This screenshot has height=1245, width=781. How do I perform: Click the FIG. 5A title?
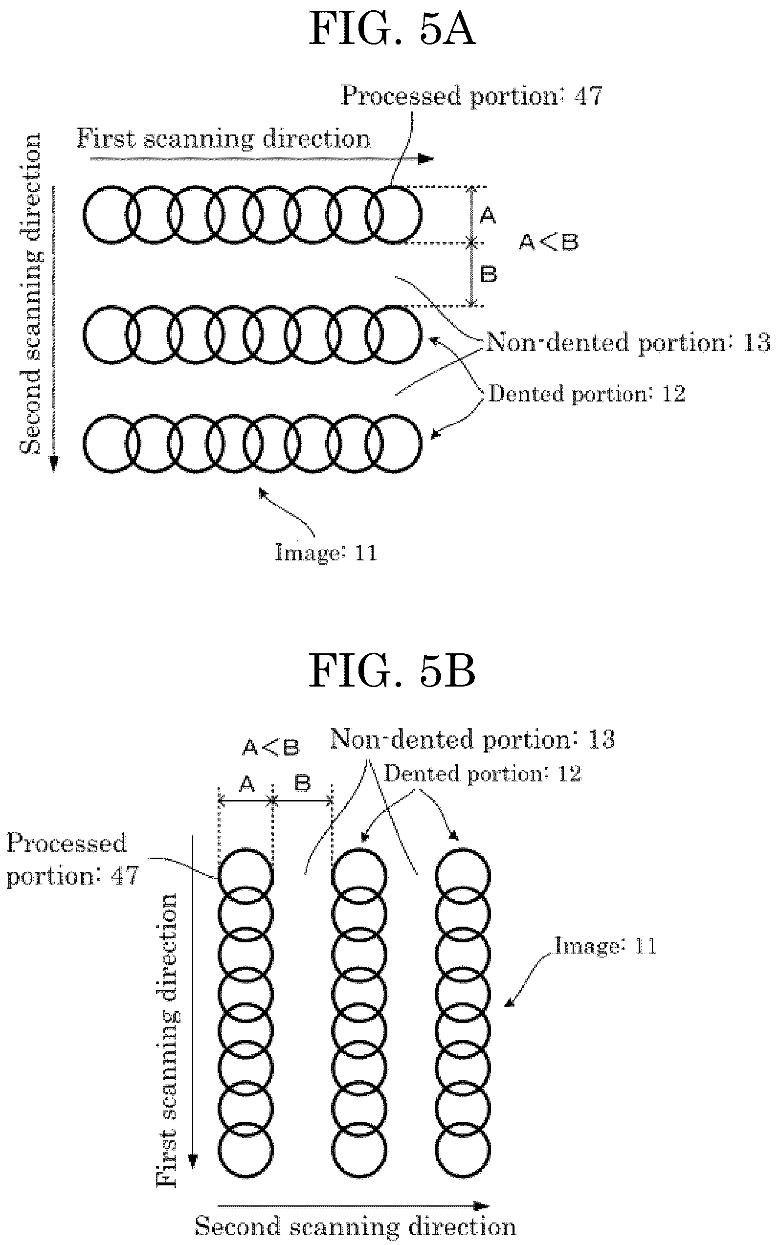coord(392,29)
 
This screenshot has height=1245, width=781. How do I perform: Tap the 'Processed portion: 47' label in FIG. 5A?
coord(471,96)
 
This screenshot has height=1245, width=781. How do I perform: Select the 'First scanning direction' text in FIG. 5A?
coord(223,138)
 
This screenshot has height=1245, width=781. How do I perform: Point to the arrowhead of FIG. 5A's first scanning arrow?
coord(428,159)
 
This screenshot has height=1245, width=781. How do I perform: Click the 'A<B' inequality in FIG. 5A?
coord(549,242)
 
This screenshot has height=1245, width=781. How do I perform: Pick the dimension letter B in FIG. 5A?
coord(489,274)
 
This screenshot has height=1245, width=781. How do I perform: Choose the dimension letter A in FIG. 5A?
coord(488,215)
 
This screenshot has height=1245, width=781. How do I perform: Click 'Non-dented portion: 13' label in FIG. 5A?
coord(628,342)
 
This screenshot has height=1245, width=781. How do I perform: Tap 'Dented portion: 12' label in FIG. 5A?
coord(587,394)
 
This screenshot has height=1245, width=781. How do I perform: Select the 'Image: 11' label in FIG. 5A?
coord(326,553)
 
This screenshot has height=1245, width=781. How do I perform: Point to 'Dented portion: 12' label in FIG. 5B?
coord(483,774)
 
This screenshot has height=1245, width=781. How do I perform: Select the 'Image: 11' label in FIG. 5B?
coord(605,947)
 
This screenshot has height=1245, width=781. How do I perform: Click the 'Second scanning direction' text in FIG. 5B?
coord(356,1226)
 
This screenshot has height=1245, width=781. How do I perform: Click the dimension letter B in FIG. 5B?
coord(303,784)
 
